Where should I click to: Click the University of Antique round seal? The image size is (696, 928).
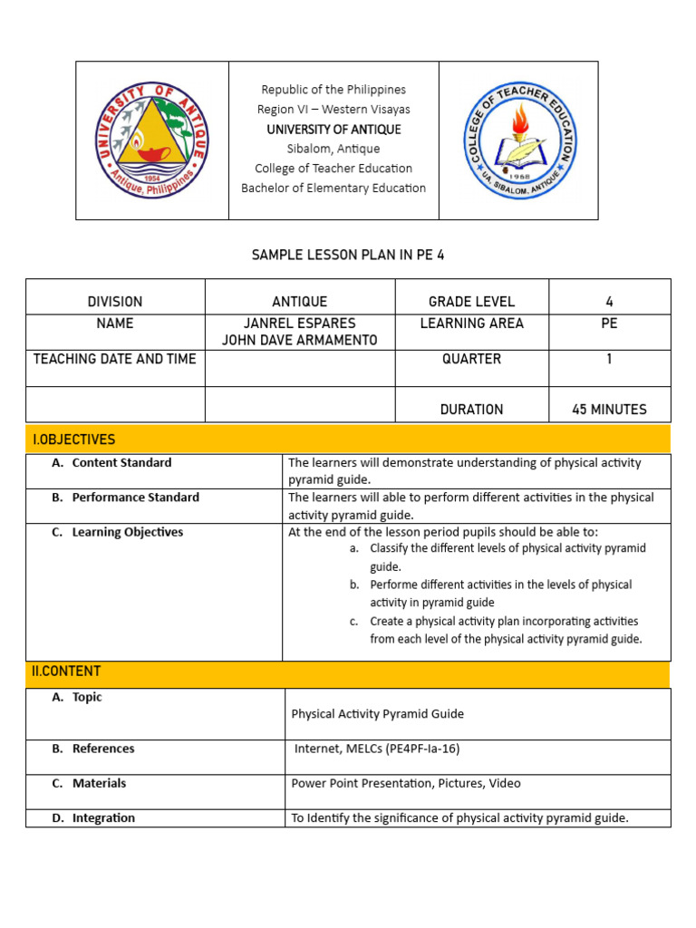coord(151,140)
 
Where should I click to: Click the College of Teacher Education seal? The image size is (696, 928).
coord(518,140)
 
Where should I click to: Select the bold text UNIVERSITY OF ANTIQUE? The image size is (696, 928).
coord(333,130)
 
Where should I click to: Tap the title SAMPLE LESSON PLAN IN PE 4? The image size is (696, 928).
coord(348,256)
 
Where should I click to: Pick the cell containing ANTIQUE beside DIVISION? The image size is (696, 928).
coord(300,302)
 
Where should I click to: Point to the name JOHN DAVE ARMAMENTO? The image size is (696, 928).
coord(300,341)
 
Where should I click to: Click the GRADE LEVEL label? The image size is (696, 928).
coord(471,302)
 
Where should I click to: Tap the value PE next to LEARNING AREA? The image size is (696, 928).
coord(609,324)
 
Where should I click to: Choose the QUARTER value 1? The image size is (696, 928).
coord(609,359)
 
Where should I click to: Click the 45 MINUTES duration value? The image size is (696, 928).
coord(609,410)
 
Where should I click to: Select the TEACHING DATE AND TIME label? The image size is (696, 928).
coord(115,359)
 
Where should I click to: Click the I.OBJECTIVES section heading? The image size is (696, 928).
coord(74,440)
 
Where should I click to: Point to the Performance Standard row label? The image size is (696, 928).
coord(135,498)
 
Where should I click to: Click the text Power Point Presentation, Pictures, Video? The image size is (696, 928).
coord(406,783)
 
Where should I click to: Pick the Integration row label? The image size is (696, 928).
coord(103,817)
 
